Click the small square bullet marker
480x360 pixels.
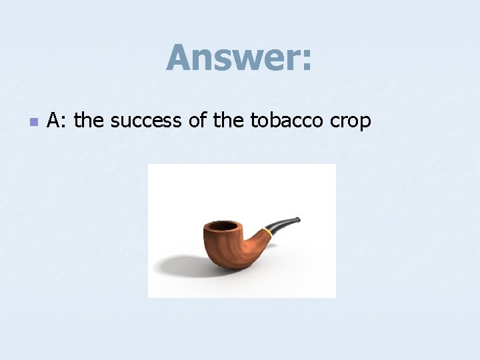pyautogui.click(x=33, y=122)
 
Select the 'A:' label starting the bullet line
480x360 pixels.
pyautogui.click(x=57, y=121)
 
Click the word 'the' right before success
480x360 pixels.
pyautogui.click(x=89, y=121)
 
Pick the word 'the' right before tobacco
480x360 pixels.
pyautogui.click(x=230, y=121)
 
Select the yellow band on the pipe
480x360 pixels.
pyautogui.click(x=267, y=232)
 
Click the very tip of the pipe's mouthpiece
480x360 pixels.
pyautogui.click(x=299, y=218)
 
